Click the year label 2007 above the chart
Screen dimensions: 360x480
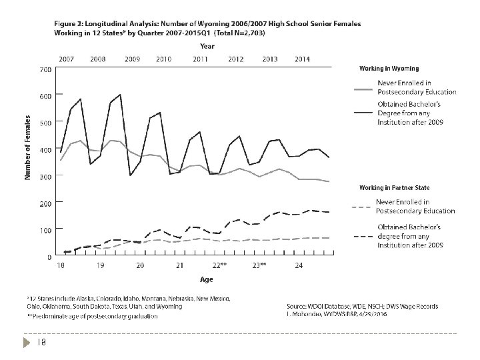(x=65, y=59)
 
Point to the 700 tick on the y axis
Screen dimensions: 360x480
(x=45, y=70)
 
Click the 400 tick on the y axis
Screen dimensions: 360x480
(x=45, y=150)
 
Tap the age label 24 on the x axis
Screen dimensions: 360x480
(x=299, y=265)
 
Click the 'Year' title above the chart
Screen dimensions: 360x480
(x=207, y=47)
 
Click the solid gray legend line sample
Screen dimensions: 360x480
(x=361, y=87)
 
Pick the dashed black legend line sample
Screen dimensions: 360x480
(x=361, y=237)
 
